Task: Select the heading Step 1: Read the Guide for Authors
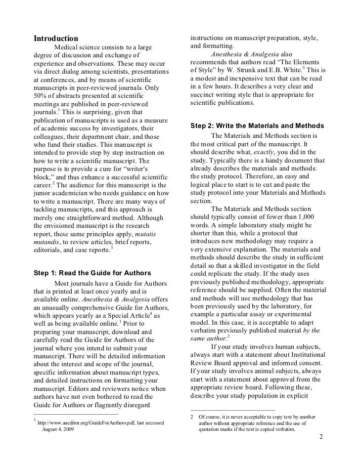(x=91, y=273)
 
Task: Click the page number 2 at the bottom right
(x=321, y=437)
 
